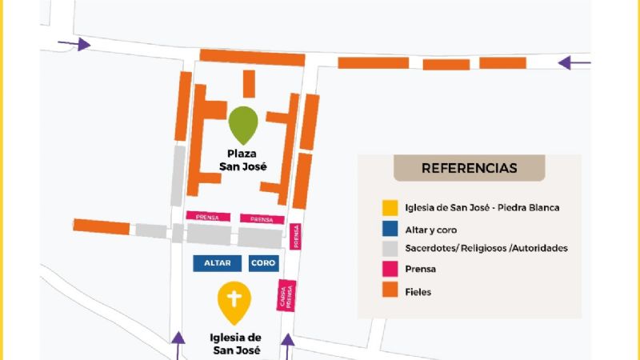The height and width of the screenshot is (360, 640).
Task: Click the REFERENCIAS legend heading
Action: [469, 168]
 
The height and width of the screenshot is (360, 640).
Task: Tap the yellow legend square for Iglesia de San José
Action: [389, 207]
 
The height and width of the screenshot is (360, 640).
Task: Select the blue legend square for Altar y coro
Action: [389, 228]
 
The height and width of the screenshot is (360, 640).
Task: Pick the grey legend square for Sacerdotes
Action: [389, 248]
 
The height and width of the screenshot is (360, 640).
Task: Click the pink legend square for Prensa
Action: [389, 270]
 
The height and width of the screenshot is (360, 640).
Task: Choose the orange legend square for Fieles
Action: [389, 291]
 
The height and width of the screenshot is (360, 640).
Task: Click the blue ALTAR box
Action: [217, 262]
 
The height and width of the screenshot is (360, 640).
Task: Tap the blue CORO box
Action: [262, 262]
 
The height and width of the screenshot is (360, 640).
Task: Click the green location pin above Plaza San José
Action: [243, 125]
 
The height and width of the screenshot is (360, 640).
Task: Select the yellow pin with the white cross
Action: [234, 302]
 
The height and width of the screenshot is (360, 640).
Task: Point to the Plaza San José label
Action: [243, 160]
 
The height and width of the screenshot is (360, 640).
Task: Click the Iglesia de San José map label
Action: [237, 343]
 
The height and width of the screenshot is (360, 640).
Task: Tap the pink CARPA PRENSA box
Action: [288, 295]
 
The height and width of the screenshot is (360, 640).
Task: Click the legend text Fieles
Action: [418, 292]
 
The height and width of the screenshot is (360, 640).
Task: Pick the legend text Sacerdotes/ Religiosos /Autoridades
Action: [486, 249]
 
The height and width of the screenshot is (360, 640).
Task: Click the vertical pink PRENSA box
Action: [295, 237]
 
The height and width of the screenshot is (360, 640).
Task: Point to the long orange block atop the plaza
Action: [252, 58]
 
